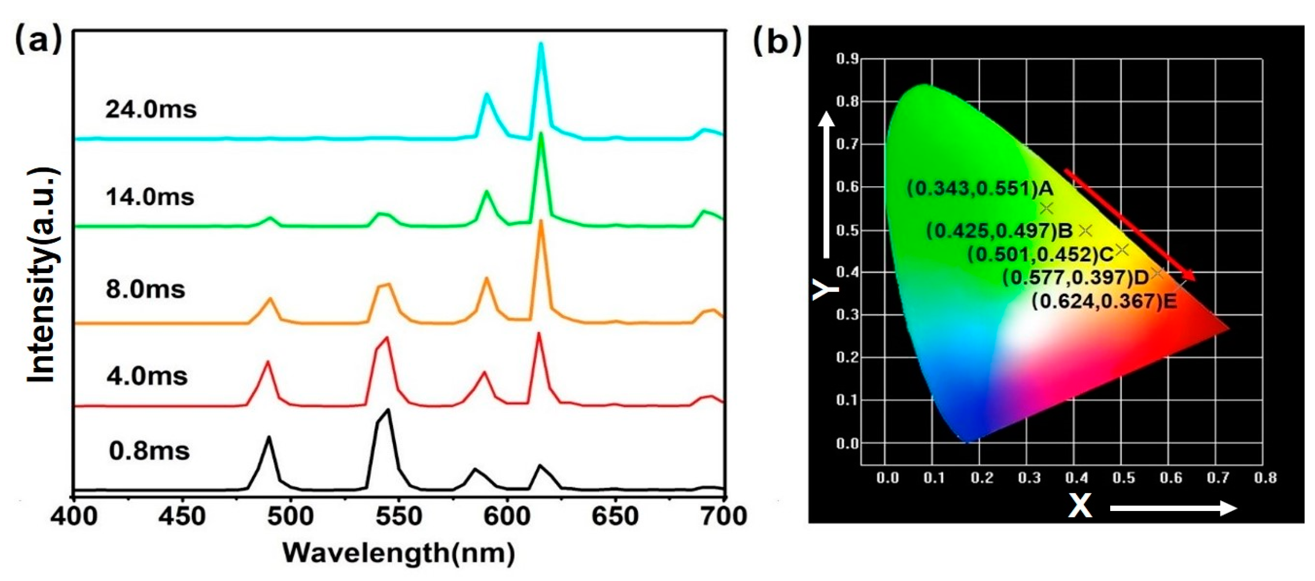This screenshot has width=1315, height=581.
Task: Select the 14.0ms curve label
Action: coord(149,197)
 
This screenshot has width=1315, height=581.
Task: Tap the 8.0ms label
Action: coord(145,289)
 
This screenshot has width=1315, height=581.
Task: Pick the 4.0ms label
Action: coord(146,376)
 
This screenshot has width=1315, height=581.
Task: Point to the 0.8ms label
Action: coord(149,451)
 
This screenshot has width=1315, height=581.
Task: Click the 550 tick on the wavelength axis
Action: coord(399,517)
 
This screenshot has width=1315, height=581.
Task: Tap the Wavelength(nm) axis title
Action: coord(399,554)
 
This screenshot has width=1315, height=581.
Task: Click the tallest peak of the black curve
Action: coord(389,410)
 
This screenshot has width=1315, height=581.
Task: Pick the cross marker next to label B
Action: coord(1086,231)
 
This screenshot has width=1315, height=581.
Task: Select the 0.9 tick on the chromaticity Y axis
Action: coord(847,59)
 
